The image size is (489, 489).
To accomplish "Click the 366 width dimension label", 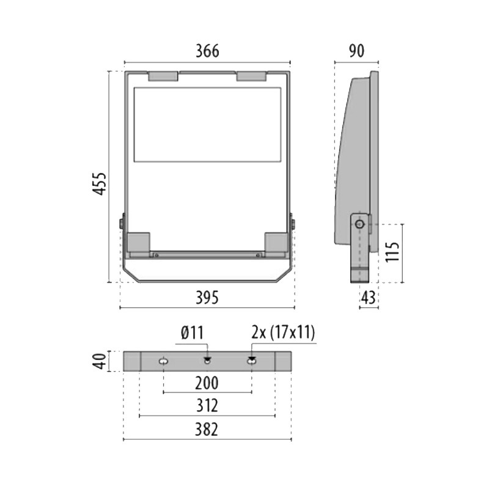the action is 207,51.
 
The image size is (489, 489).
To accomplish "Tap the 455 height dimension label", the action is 100,184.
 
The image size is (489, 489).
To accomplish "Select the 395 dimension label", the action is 207,298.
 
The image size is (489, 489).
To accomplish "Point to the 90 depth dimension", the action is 356,51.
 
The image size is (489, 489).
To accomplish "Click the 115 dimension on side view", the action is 392,252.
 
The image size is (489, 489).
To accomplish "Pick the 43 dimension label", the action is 369,298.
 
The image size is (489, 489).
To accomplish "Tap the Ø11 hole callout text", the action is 192,333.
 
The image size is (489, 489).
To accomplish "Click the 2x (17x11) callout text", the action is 283,333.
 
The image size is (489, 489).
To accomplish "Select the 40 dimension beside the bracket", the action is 100,361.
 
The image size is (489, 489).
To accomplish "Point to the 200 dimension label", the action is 207,383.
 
